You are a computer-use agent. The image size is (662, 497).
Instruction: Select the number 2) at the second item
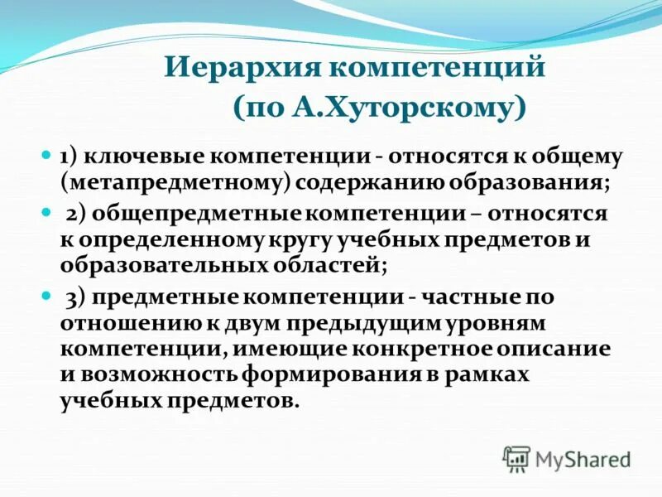click(77, 214)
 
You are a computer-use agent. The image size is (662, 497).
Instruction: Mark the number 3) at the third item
click(77, 297)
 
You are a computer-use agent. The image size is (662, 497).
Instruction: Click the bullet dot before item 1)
click(47, 155)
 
